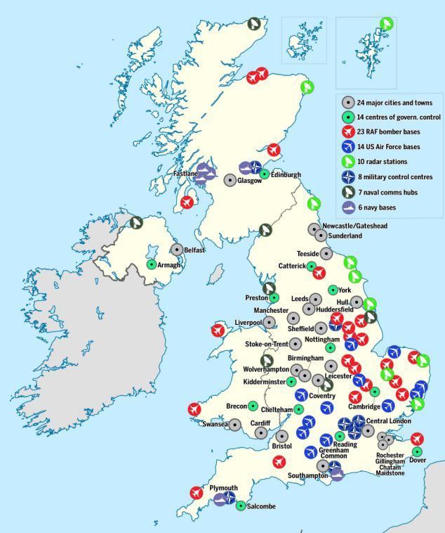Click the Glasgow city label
(249, 181)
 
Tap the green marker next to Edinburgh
(265, 174)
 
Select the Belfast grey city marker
(177, 250)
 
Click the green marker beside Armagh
(151, 264)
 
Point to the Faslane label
(185, 173)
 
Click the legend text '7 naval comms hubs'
(387, 192)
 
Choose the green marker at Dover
(417, 451)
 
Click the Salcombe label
(261, 506)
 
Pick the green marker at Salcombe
(241, 505)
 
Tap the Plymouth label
(223, 488)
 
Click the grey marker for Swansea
(235, 425)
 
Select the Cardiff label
(260, 423)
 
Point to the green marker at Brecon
(253, 406)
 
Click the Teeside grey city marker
(326, 253)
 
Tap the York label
(344, 290)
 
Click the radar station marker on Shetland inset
(385, 24)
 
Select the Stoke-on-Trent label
(267, 344)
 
